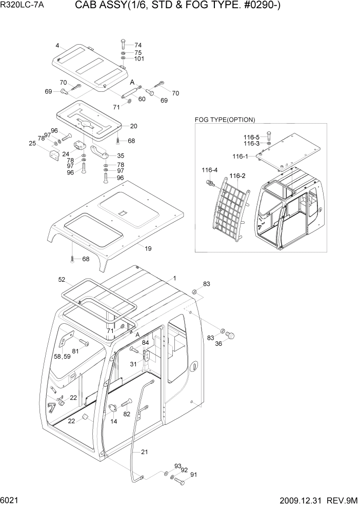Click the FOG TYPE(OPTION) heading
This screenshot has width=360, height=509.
[x=225, y=120]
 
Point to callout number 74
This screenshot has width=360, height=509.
[x=137, y=45]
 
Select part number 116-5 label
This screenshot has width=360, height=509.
[x=251, y=136]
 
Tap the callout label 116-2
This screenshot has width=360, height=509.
[x=237, y=176]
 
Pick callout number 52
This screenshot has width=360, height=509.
[x=62, y=280]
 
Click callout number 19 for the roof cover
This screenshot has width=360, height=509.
[x=148, y=248]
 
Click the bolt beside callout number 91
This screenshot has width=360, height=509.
[x=179, y=481]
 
